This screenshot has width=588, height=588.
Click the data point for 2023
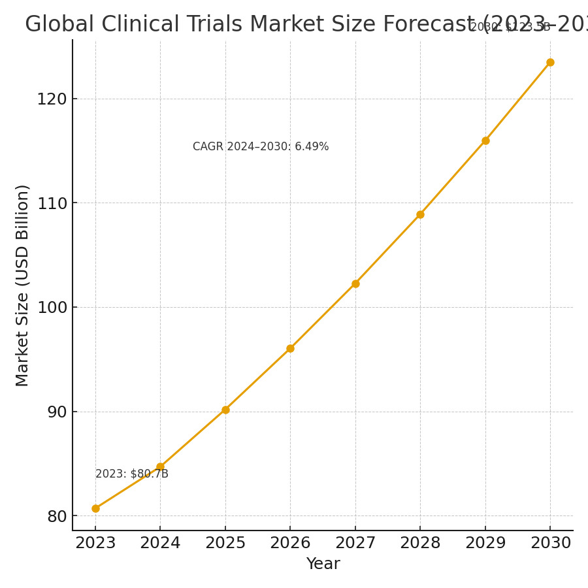point(95,508)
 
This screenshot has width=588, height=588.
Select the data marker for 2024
point(160,467)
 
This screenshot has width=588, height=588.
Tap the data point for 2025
point(225,410)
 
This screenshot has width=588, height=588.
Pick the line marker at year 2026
point(290,348)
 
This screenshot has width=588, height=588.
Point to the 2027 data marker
point(355,284)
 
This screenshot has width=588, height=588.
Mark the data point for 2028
point(420,214)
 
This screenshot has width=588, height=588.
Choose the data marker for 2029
point(485,140)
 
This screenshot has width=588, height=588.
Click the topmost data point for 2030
point(550,63)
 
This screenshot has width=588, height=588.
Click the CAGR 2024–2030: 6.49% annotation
point(261,147)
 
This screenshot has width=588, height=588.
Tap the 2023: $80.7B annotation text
point(132,474)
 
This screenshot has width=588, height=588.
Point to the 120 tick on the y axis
point(52,99)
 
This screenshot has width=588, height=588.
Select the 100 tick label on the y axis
point(52,308)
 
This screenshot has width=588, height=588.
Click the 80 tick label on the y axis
point(57,517)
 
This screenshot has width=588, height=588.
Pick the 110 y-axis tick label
point(52,203)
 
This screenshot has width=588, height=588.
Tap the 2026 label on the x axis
point(290,544)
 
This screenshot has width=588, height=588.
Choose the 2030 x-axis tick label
point(550,544)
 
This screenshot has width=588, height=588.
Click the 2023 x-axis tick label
point(95,544)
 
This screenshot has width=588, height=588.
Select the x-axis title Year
point(323,564)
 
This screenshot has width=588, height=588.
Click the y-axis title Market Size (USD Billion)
point(23,286)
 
